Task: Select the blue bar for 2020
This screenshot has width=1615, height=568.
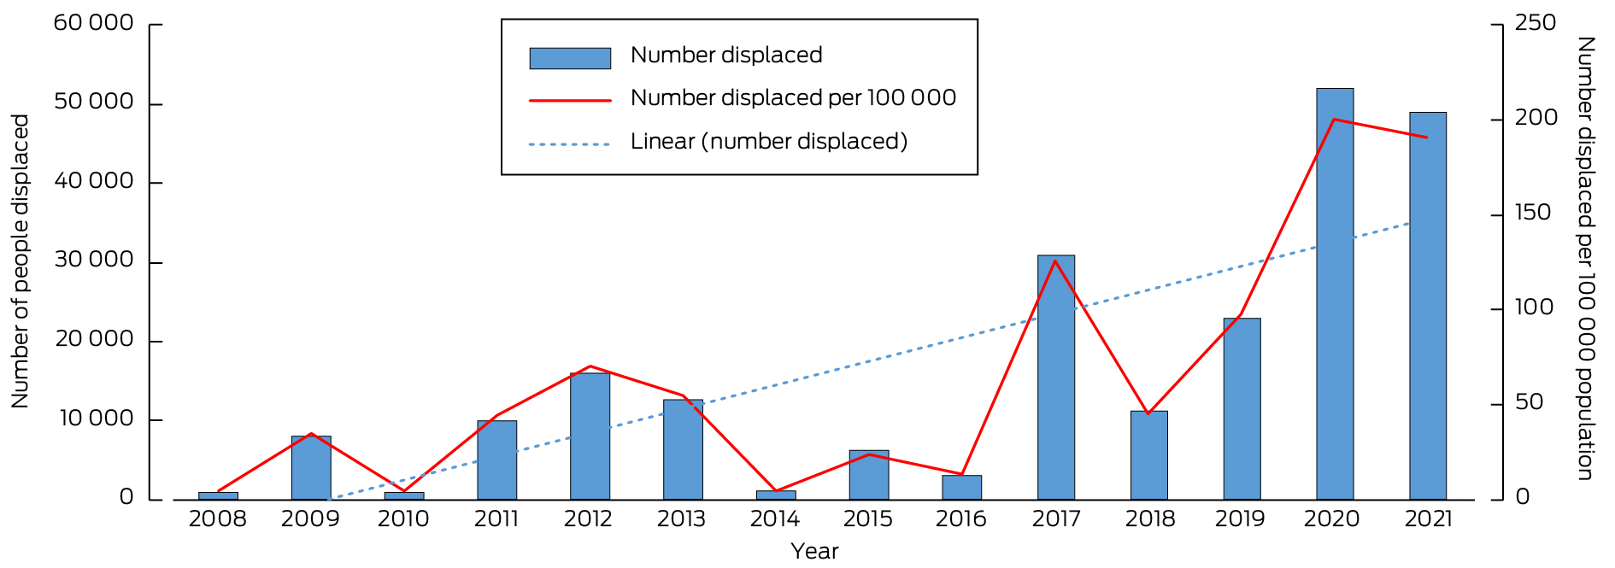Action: (x=1334, y=294)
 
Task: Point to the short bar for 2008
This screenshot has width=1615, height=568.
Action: (x=218, y=495)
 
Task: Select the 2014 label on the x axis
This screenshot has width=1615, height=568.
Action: (x=774, y=519)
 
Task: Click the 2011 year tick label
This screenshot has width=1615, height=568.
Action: (x=496, y=519)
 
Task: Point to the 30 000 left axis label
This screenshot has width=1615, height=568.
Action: (x=94, y=260)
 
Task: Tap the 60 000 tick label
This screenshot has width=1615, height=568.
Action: (x=94, y=23)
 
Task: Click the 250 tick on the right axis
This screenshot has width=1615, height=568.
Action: (x=1535, y=23)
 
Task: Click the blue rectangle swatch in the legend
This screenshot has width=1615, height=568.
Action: (x=570, y=58)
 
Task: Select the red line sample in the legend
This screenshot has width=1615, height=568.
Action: (x=570, y=100)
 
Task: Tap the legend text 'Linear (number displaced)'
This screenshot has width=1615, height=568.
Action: (x=768, y=142)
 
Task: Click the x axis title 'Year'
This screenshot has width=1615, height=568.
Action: (x=814, y=552)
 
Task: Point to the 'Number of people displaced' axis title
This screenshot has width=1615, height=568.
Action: (x=21, y=261)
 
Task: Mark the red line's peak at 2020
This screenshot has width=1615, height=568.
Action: (x=1334, y=119)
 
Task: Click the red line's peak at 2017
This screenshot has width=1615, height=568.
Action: (x=1055, y=261)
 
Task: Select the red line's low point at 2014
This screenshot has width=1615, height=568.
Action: (x=775, y=491)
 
